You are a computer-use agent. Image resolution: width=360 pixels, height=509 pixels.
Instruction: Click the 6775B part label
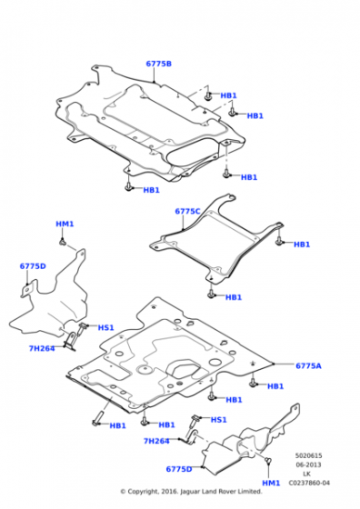pos(158,64)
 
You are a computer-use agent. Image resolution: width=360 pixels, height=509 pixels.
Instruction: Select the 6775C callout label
pos(187,211)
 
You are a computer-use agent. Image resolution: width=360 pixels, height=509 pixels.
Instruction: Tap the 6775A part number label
pos(308,365)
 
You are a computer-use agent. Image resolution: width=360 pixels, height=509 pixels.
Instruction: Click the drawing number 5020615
pos(308,455)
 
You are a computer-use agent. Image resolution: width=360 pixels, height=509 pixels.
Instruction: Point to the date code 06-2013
pos(308,464)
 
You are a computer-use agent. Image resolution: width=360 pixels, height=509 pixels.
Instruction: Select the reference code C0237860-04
pos(309,483)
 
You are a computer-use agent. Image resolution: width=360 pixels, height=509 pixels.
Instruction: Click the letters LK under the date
pos(306,474)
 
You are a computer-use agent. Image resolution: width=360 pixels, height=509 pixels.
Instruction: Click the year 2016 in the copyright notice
pos(169,492)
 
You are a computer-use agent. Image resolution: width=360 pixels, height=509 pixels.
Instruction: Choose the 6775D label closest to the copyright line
pos(179,469)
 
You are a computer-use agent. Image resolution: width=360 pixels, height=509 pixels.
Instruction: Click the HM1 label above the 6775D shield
pos(65,224)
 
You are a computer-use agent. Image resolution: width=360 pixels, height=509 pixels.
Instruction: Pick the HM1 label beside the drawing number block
pos(271,483)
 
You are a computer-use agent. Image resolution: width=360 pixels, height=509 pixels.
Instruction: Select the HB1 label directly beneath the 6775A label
pos(275,386)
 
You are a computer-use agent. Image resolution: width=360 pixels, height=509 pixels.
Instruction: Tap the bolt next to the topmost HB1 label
pos(208,95)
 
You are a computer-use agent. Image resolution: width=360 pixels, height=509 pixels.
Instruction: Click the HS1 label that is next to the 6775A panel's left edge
pos(105,327)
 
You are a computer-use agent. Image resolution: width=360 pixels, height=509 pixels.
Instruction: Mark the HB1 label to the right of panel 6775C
pos(302,245)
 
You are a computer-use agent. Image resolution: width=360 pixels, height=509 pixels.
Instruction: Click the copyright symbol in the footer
pos(123,492)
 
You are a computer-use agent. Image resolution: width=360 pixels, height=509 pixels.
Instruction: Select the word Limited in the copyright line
pos(251,492)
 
